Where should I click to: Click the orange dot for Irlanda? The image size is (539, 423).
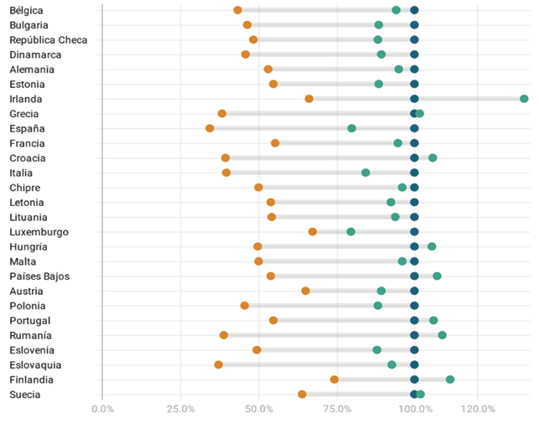click(309, 99)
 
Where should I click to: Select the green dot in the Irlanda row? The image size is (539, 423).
click(524, 99)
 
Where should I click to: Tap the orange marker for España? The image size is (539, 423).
click(210, 128)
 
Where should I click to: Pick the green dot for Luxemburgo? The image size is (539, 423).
click(351, 232)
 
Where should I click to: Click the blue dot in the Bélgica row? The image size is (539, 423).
click(414, 10)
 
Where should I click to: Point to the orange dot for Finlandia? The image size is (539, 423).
click(334, 379)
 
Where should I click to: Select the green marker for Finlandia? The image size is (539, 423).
click(450, 379)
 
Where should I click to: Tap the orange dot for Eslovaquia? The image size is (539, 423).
click(219, 365)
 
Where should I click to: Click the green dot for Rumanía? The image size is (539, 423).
click(443, 335)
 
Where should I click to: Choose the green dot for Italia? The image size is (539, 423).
click(365, 173)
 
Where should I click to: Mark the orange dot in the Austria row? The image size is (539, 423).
click(306, 291)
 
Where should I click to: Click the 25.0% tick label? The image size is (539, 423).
click(181, 409)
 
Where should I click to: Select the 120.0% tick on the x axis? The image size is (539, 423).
click(478, 409)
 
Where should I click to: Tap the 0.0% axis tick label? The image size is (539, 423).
click(102, 409)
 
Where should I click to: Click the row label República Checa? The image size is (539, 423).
click(49, 39)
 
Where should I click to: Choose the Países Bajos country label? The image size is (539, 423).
click(39, 276)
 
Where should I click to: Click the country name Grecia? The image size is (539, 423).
click(25, 114)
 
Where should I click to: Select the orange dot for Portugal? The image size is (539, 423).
click(273, 321)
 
